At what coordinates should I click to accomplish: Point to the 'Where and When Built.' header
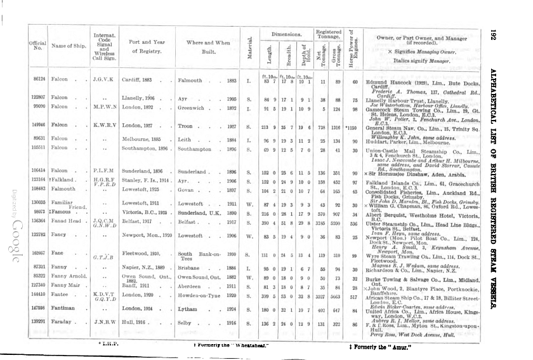[208, 46]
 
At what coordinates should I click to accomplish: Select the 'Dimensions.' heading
[285, 32]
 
